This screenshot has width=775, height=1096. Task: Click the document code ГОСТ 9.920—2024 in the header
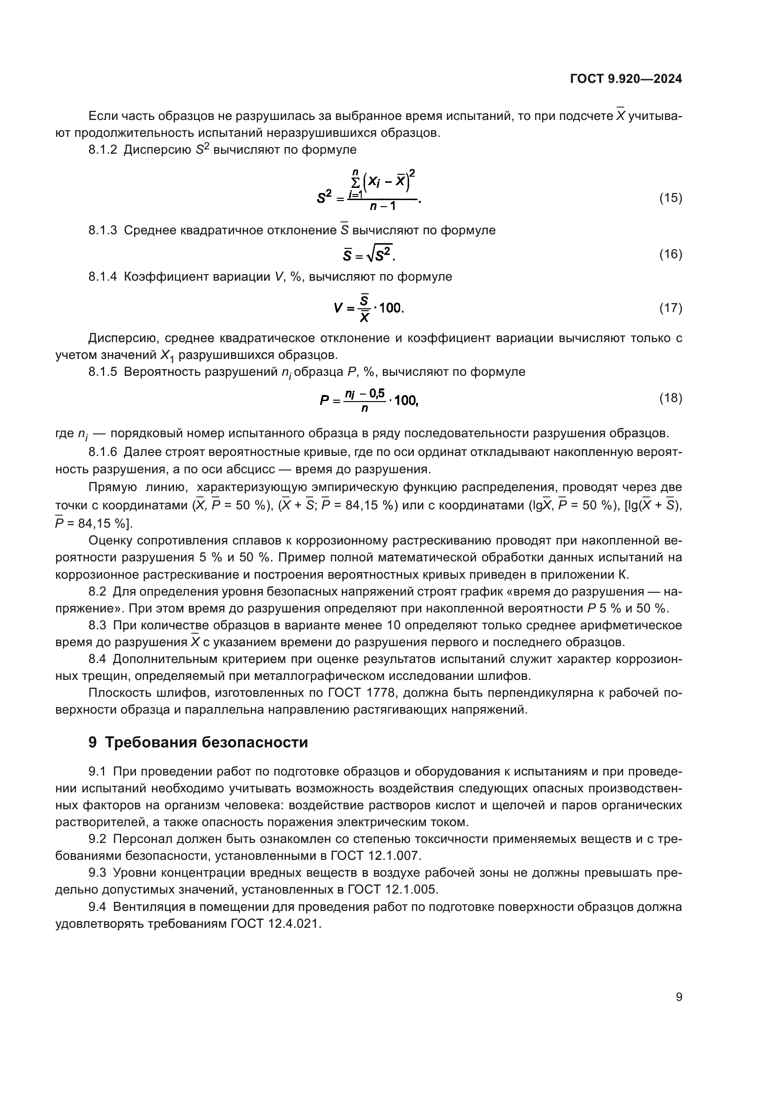click(x=626, y=79)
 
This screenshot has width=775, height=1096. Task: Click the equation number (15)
click(x=671, y=198)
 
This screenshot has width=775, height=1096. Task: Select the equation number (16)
click(x=671, y=254)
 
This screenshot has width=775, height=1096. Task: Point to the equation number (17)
click(x=671, y=308)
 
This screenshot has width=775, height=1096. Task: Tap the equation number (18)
click(x=671, y=398)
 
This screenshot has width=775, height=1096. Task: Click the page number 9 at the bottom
click(x=679, y=997)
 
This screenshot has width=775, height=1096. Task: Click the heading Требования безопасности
click(x=206, y=743)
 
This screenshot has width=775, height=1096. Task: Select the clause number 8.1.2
click(x=103, y=150)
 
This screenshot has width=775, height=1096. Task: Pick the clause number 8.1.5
click(x=103, y=372)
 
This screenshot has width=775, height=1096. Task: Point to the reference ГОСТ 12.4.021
click(x=276, y=924)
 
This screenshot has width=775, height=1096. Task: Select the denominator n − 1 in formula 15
click(x=382, y=207)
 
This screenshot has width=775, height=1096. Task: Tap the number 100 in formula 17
click(x=390, y=308)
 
